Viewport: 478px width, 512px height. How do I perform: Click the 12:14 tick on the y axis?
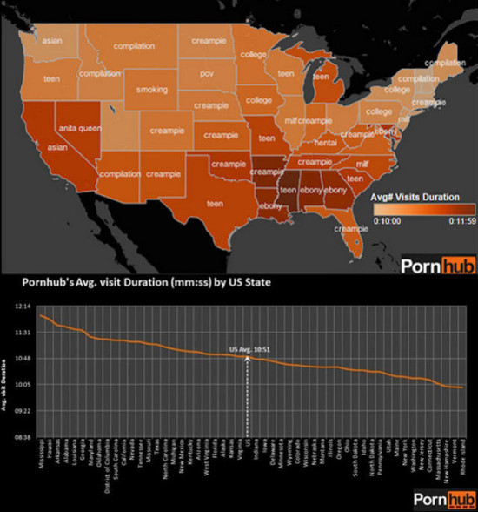[23, 307]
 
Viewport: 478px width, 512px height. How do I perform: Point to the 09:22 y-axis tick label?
[23, 410]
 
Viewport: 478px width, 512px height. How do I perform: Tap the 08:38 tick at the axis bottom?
[23, 436]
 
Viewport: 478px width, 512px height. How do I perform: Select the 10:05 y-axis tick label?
[23, 384]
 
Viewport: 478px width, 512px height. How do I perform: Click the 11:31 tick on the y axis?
[23, 333]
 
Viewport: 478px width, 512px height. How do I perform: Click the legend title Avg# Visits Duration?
[415, 196]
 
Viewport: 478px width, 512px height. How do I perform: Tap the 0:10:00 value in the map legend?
[387, 221]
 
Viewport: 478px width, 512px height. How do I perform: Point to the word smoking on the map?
[152, 90]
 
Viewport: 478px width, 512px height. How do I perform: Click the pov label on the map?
[206, 75]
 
